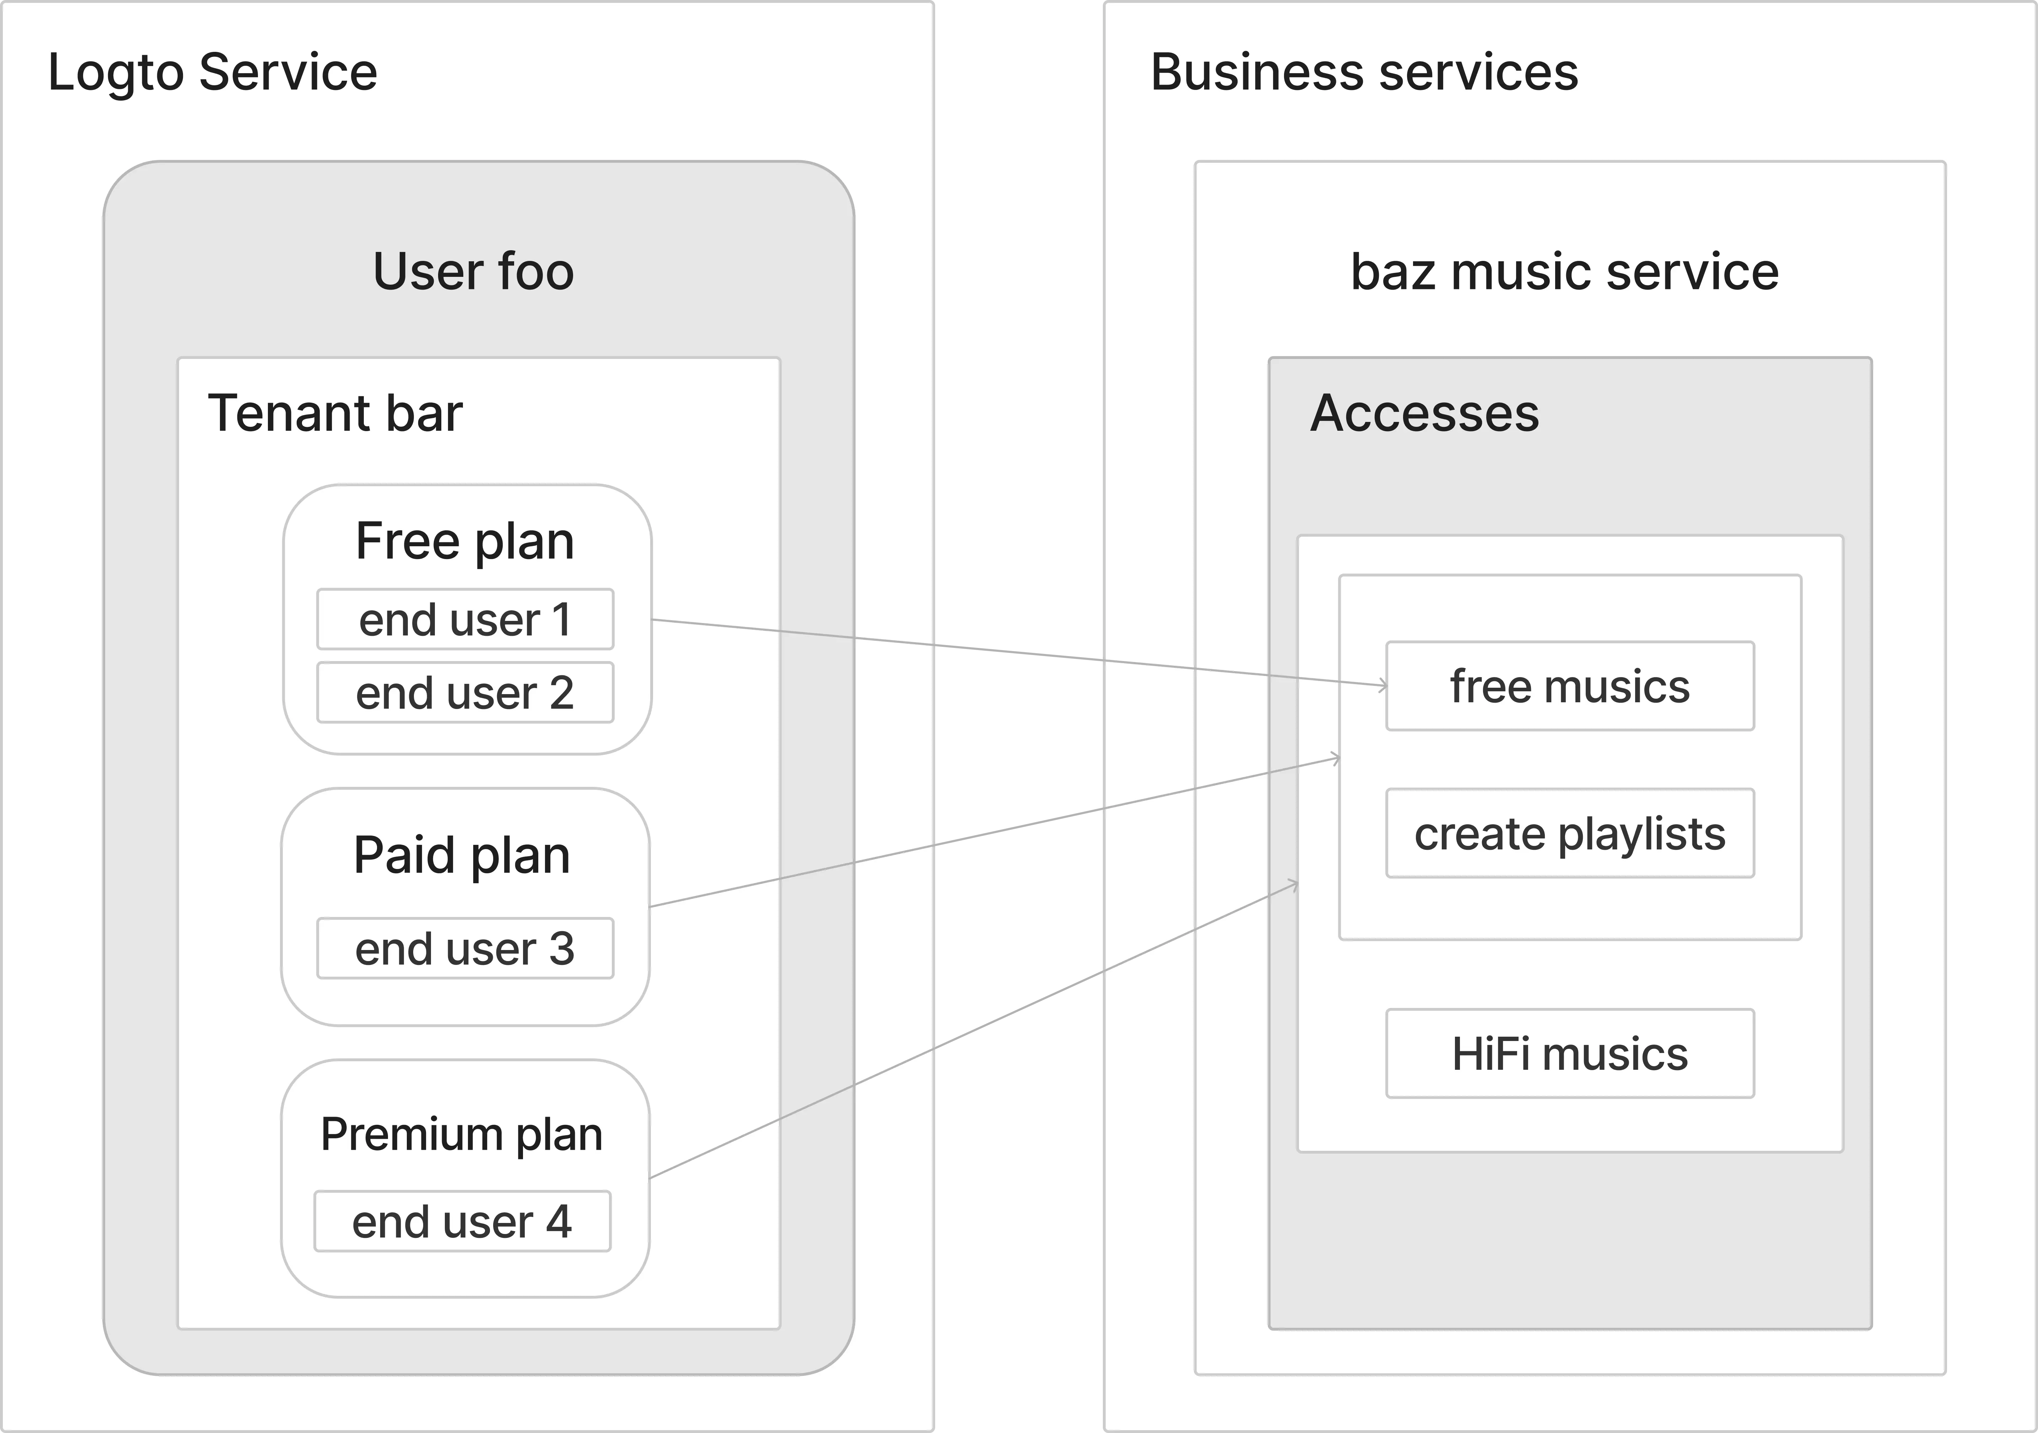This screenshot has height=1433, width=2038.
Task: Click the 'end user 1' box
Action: (465, 619)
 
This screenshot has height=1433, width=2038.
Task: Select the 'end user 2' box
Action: (465, 693)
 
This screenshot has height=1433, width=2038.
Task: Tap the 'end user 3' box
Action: (465, 948)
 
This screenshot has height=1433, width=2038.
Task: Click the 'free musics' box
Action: (1569, 686)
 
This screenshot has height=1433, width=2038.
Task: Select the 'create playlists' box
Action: (1569, 834)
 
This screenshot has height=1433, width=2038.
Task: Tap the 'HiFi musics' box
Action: (1569, 1054)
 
